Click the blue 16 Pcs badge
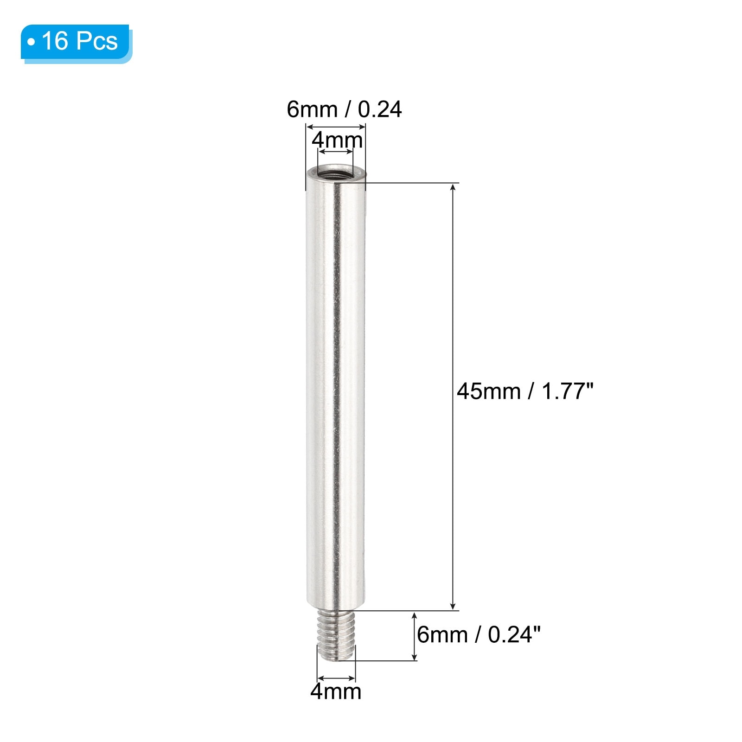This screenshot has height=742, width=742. [x=76, y=43]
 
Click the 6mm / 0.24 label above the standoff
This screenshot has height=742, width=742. [x=344, y=109]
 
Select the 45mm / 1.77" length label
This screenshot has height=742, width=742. [x=525, y=391]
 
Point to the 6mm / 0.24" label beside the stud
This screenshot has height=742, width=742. [x=479, y=634]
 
